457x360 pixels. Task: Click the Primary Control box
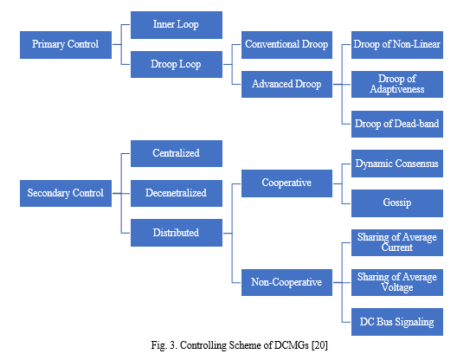pos(66,45)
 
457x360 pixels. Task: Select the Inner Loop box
pos(177,25)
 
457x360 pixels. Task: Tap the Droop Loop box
pos(177,64)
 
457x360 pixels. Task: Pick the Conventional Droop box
pos(286,45)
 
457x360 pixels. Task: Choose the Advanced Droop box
pos(286,84)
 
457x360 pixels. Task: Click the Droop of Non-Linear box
pos(397,45)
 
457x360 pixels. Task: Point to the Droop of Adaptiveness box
pos(397,84)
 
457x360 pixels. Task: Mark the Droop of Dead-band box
pos(397,124)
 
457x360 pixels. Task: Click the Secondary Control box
pos(66,193)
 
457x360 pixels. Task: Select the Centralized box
pos(177,154)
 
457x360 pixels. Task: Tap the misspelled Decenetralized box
pos(177,193)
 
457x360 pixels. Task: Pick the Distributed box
pos(177,233)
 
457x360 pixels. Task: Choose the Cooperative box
pos(286,183)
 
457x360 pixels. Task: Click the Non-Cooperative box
pos(286,282)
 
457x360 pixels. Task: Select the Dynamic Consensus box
pos(397,164)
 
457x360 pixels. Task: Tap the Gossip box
pos(397,203)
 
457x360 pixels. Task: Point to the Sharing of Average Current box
pos(397,243)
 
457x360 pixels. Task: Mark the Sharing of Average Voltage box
pos(397,282)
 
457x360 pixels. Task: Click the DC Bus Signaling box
pos(397,322)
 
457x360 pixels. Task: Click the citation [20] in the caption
pos(319,345)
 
